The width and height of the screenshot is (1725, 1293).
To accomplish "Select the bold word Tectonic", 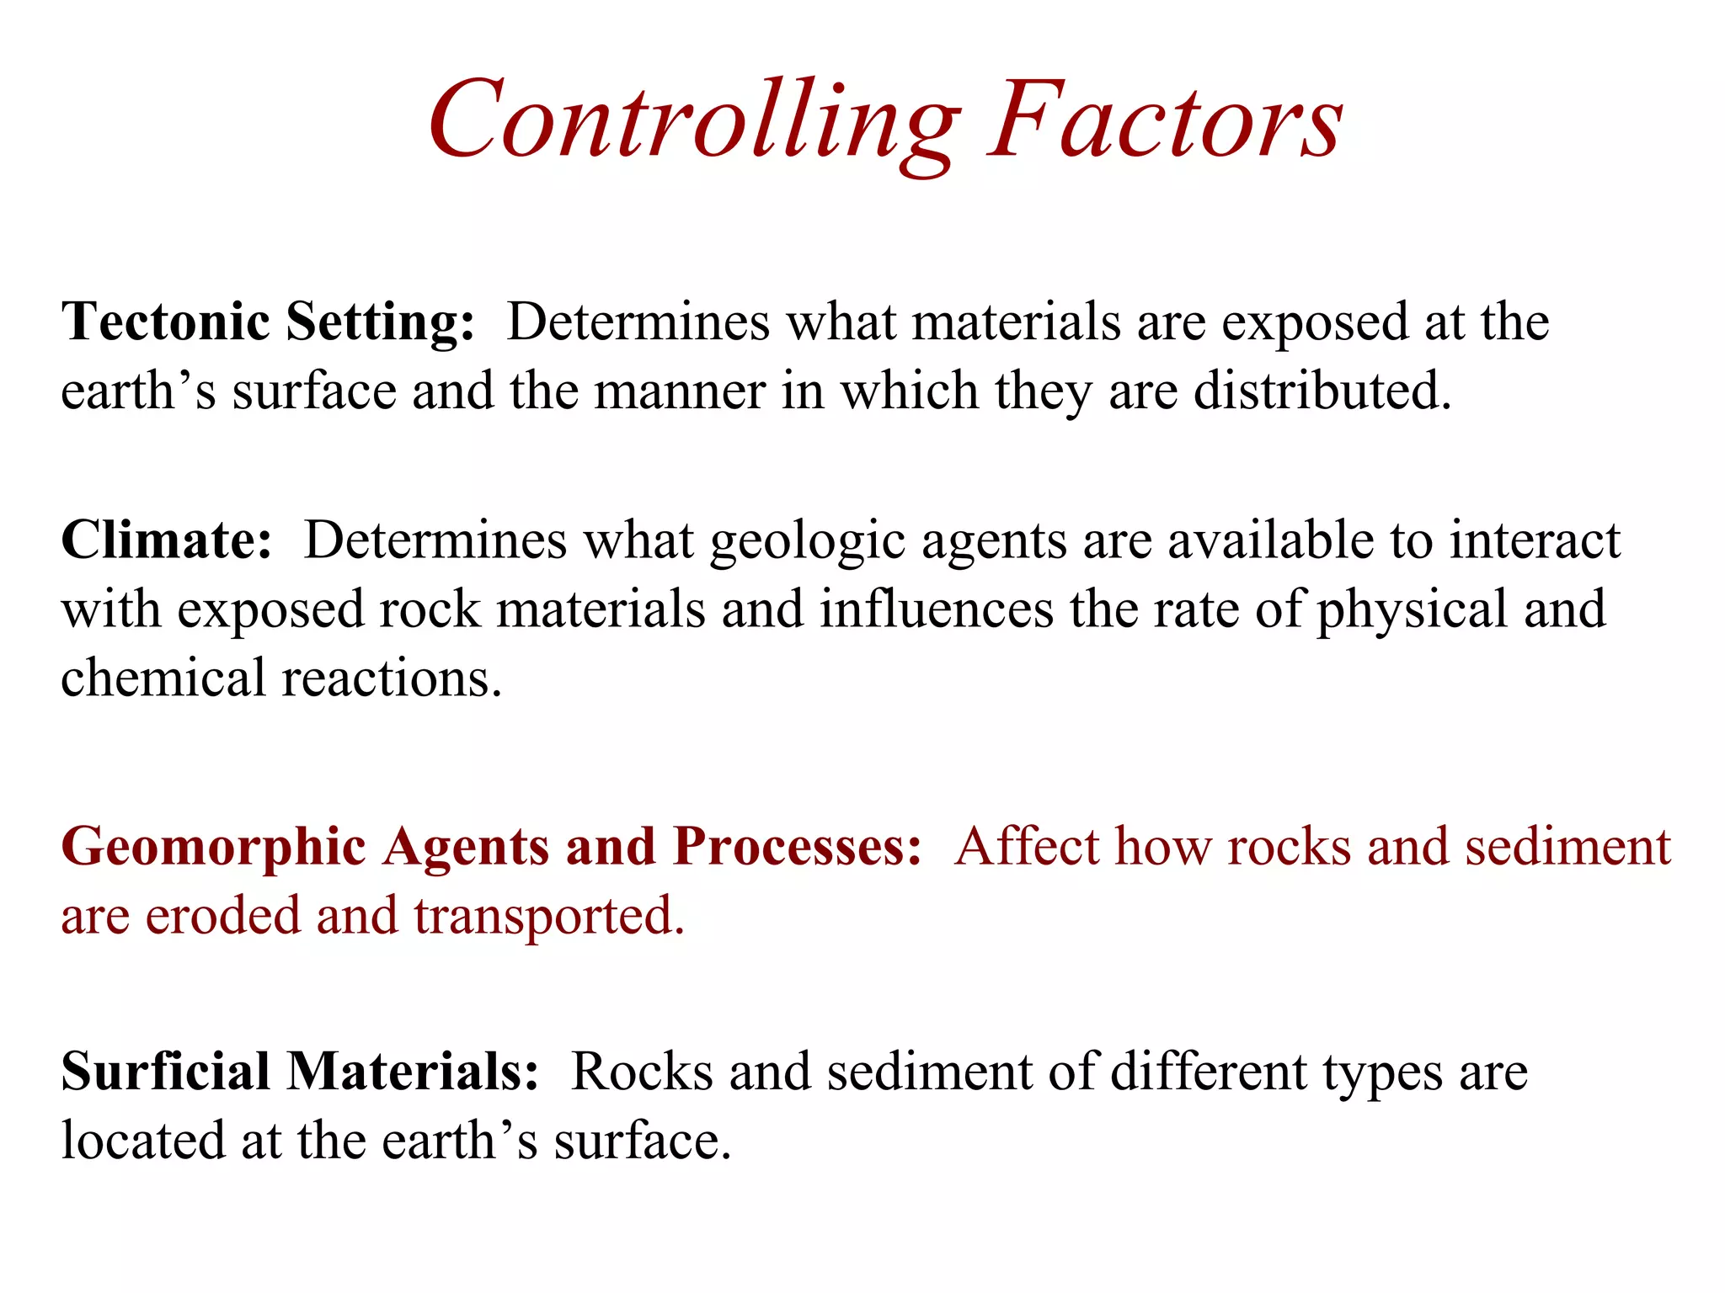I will [x=165, y=322].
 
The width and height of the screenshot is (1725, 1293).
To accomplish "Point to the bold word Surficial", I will [x=165, y=1072].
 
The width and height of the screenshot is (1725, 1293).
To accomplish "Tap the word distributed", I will [x=1322, y=391].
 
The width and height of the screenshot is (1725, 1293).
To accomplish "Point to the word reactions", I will [x=392, y=678].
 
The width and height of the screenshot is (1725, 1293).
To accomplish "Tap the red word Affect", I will [x=1028, y=846].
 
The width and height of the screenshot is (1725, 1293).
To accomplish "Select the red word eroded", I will [x=222, y=916].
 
